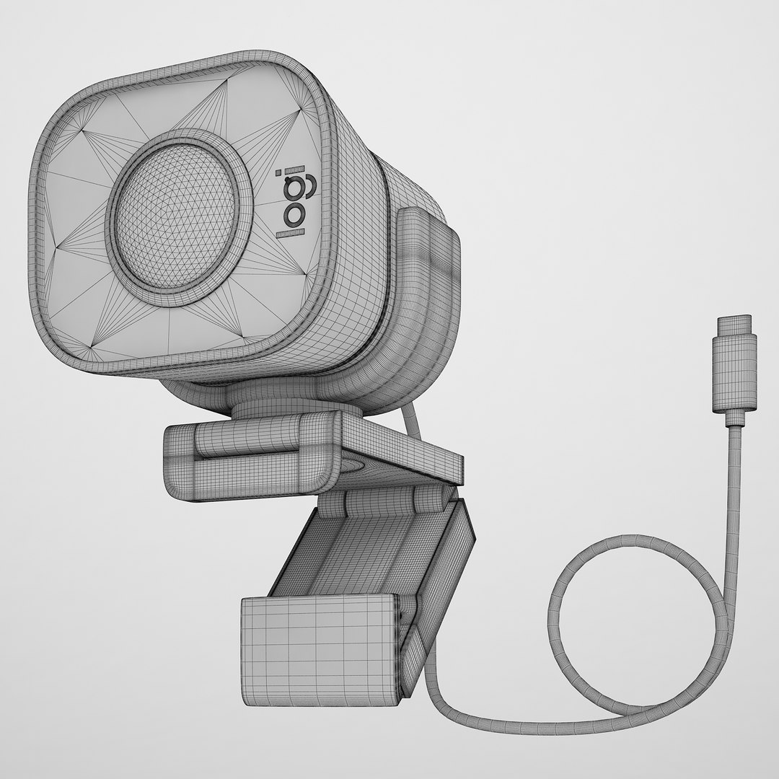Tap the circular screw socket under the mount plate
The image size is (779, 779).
click(x=353, y=466)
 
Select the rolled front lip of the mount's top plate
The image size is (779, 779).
click(x=245, y=454)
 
